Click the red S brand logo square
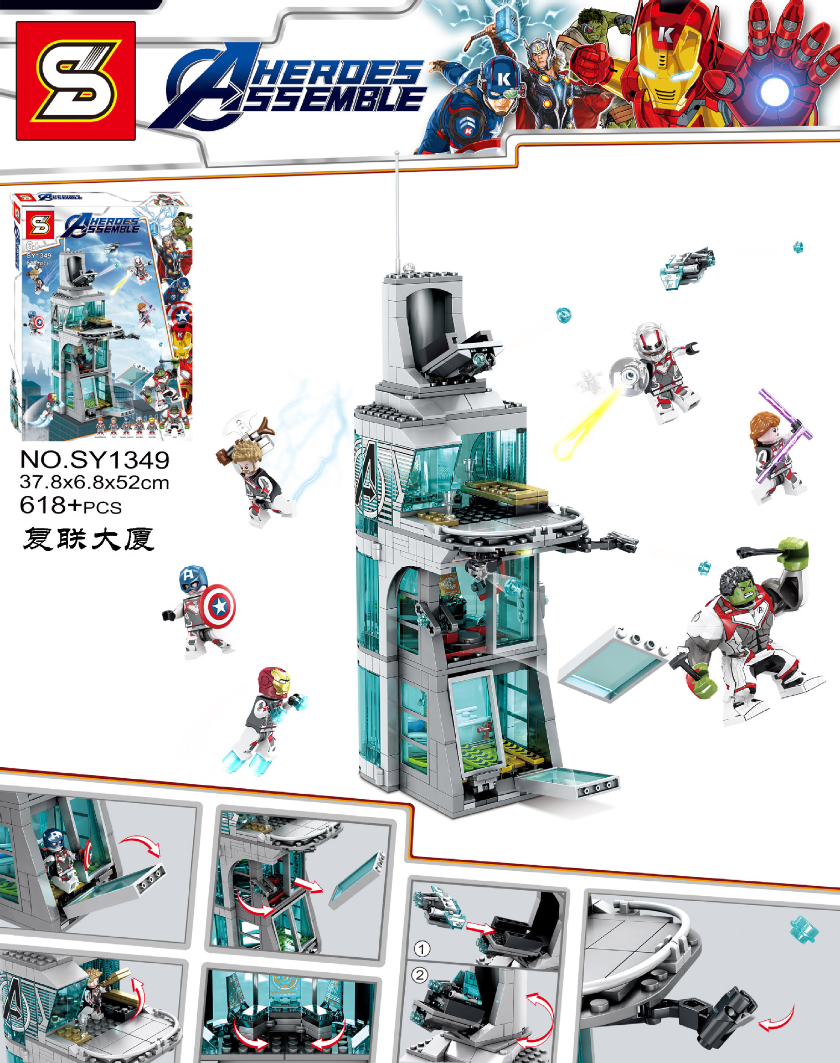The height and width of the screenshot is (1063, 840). [x=76, y=80]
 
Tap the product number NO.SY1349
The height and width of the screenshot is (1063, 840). [x=95, y=460]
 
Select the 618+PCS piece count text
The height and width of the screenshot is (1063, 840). [x=71, y=506]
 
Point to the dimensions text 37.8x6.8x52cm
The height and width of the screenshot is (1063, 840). [x=94, y=482]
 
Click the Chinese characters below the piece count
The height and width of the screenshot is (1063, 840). [x=89, y=539]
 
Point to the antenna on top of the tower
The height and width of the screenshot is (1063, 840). [x=398, y=210]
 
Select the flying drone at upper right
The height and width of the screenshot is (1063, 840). [x=686, y=266]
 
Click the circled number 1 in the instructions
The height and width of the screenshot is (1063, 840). [x=422, y=949]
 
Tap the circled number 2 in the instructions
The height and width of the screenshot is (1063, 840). [x=420, y=975]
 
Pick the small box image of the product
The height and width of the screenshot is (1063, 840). [x=101, y=316]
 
